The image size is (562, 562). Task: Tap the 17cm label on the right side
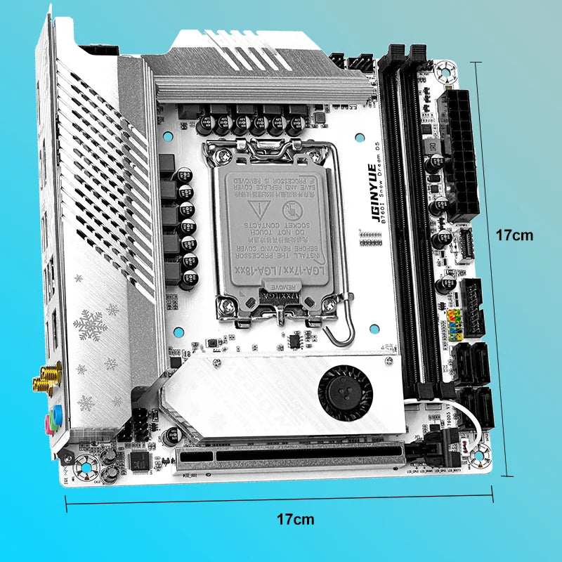click(x=513, y=235)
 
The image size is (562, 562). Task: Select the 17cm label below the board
click(x=295, y=520)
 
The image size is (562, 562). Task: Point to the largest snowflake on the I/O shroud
click(x=89, y=325)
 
